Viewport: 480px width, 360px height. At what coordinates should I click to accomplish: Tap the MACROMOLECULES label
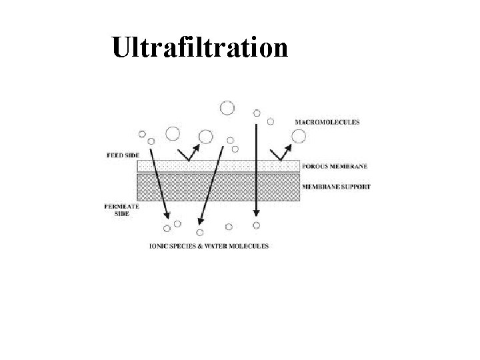(x=327, y=122)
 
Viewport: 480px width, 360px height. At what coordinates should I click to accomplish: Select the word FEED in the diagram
(x=113, y=155)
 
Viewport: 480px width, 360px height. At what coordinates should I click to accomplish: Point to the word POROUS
(x=317, y=166)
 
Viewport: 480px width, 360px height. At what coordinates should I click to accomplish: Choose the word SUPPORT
(x=353, y=187)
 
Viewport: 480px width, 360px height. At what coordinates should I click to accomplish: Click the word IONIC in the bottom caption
(x=159, y=246)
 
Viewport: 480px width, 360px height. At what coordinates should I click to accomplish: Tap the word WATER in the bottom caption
(x=214, y=246)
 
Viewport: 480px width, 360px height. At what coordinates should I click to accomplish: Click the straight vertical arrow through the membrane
(x=255, y=167)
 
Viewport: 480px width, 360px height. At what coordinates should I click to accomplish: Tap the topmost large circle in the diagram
(x=227, y=107)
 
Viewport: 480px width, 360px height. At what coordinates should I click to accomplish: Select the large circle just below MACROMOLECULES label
(x=299, y=136)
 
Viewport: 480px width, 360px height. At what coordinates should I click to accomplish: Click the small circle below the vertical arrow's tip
(x=256, y=225)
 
